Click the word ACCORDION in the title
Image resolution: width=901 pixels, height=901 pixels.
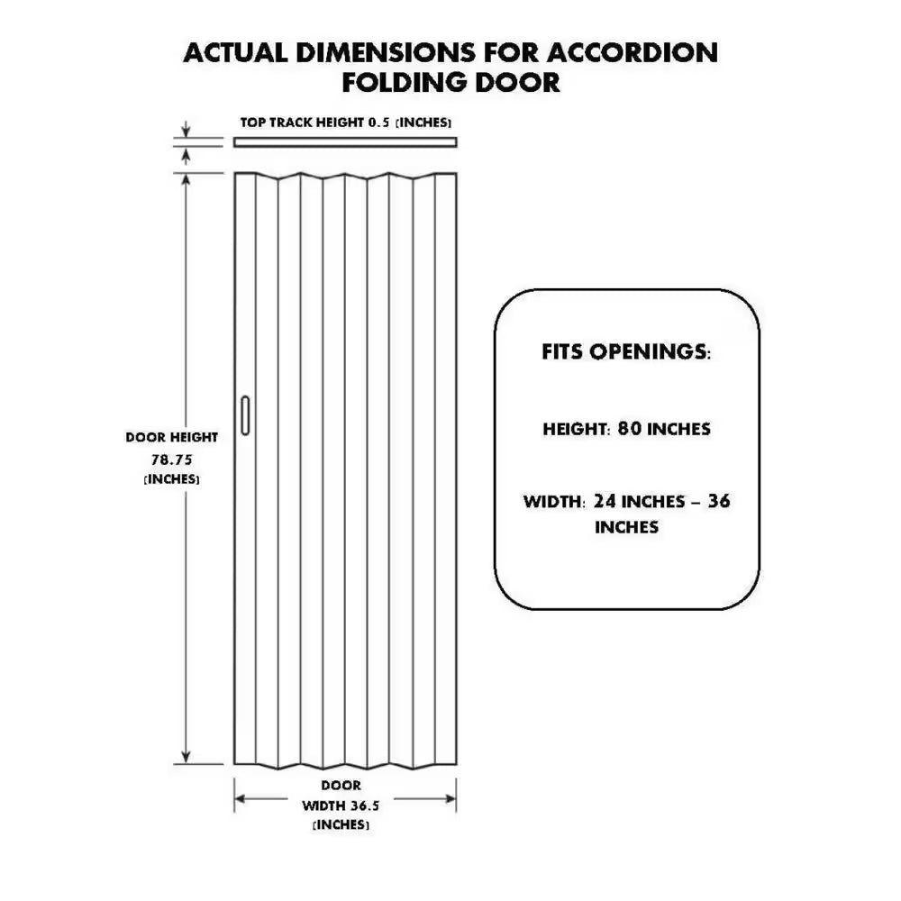coord(632,53)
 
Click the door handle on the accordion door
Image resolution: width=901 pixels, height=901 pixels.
coord(245,415)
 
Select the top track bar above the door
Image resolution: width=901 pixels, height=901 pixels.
coord(345,142)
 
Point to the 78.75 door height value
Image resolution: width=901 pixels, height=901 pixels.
coord(172,460)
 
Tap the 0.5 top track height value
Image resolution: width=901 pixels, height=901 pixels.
coord(378,123)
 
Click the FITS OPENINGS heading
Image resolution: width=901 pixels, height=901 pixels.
coord(626,351)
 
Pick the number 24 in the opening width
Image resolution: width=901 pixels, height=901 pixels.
coord(605,501)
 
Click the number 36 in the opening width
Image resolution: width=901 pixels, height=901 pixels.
coord(719,501)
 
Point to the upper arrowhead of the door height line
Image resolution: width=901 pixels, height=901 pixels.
coord(186,179)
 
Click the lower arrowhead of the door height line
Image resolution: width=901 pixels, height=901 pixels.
coord(186,758)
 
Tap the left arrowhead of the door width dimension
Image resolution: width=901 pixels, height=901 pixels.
coord(241,798)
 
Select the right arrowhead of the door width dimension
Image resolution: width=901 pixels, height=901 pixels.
coord(450,798)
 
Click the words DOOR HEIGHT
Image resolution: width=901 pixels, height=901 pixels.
coord(172,437)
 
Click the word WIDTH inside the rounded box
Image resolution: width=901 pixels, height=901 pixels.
coord(554,502)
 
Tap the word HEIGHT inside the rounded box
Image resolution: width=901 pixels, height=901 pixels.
coord(576,429)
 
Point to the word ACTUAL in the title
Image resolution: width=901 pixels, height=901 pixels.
coord(235,53)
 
